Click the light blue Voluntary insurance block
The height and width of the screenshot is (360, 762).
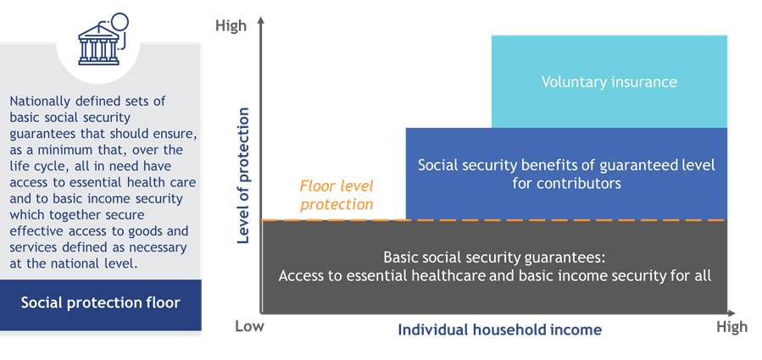(609, 81)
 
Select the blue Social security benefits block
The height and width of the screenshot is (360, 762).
(567, 174)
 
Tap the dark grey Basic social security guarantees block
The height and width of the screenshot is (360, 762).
(495, 267)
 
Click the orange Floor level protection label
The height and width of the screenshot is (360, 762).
(337, 196)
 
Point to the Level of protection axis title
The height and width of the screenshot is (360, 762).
(243, 175)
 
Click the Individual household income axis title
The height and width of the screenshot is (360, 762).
(499, 330)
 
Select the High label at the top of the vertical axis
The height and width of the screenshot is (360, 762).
(231, 25)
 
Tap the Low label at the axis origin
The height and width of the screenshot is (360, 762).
(250, 326)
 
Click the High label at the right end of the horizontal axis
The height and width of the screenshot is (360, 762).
(731, 327)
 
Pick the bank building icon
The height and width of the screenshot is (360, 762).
(103, 40)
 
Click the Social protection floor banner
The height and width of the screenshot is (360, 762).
(101, 304)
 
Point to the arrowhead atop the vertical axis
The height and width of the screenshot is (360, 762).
(261, 21)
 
